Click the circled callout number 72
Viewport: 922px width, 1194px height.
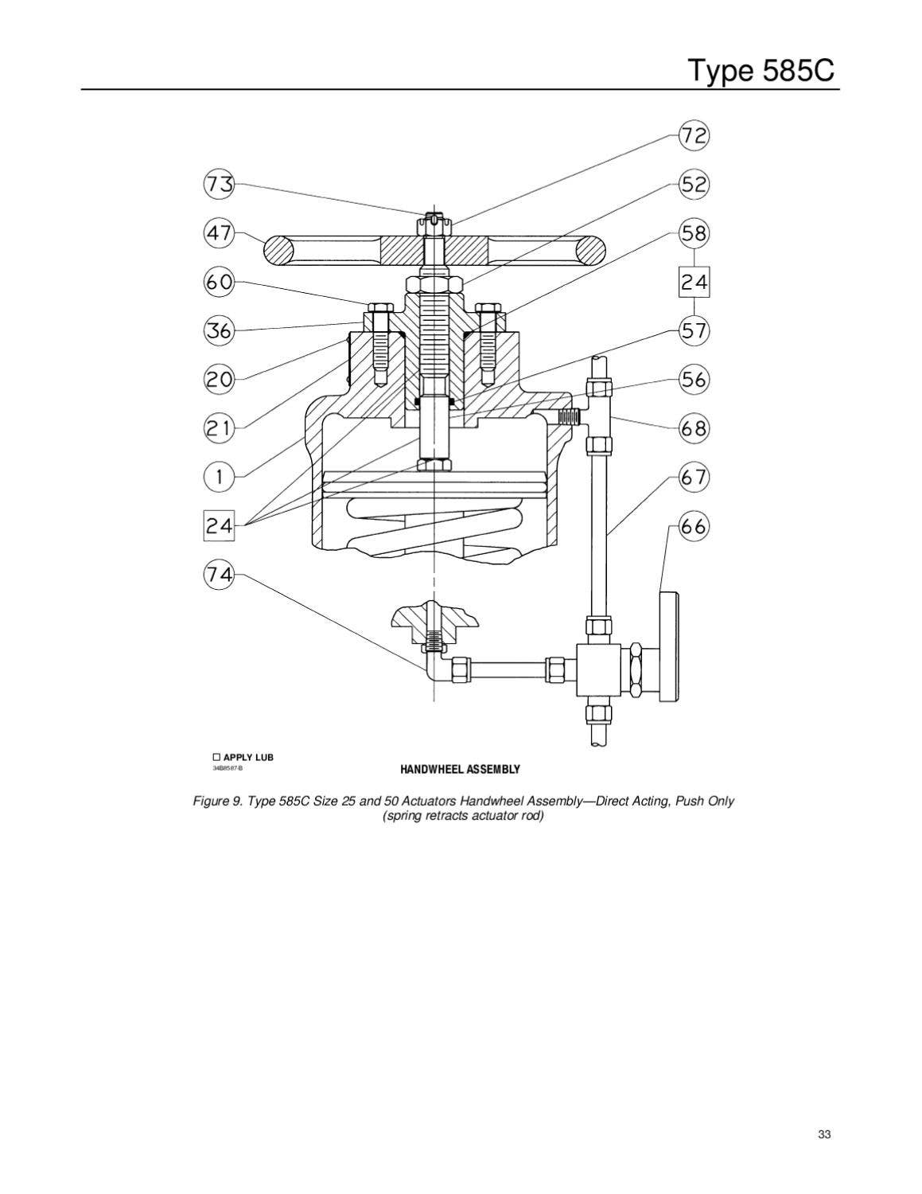pyautogui.click(x=694, y=136)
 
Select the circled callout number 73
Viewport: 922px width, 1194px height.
pyautogui.click(x=220, y=185)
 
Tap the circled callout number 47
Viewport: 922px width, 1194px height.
pyautogui.click(x=220, y=233)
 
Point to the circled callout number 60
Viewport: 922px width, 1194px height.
pyautogui.click(x=220, y=282)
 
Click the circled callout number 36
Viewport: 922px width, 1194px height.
pyautogui.click(x=220, y=330)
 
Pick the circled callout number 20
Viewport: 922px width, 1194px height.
pyautogui.click(x=220, y=380)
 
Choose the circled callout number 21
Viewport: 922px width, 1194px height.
pyautogui.click(x=220, y=429)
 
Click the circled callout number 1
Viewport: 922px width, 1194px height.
pyautogui.click(x=220, y=478)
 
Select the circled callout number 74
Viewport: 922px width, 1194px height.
pyautogui.click(x=220, y=575)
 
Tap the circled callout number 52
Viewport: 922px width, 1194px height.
pyautogui.click(x=694, y=185)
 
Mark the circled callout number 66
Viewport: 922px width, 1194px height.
pyautogui.click(x=694, y=527)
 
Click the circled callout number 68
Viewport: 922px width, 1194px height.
pyautogui.click(x=694, y=429)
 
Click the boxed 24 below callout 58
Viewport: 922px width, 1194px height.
pyautogui.click(x=694, y=283)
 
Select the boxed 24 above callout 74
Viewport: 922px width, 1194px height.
pyautogui.click(x=220, y=526)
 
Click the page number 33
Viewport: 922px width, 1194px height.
pyautogui.click(x=824, y=1135)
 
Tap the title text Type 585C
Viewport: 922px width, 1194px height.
pyautogui.click(x=762, y=71)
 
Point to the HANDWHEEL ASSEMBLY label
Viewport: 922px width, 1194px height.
pyautogui.click(x=460, y=770)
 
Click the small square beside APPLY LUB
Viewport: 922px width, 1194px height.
pyautogui.click(x=216, y=757)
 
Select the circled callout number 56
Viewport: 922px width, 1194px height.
pyautogui.click(x=694, y=380)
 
